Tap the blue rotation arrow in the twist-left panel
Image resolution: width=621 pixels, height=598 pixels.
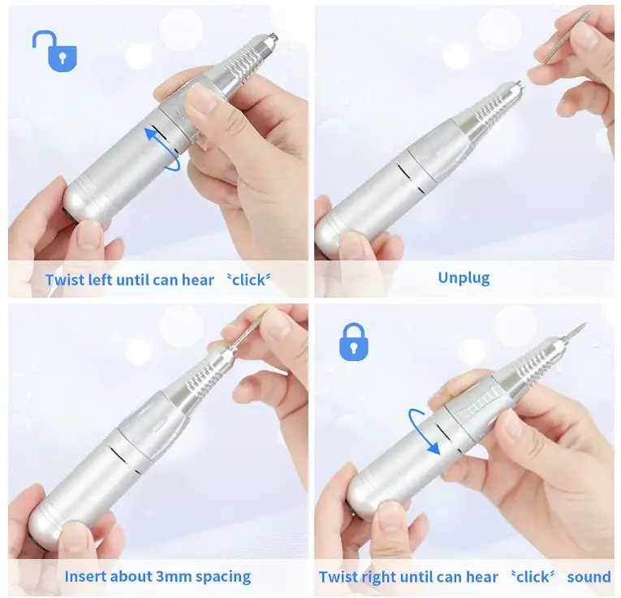coord(162,147)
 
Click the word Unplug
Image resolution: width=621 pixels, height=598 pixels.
coord(464,278)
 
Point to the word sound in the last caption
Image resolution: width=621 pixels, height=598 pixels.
coord(589,577)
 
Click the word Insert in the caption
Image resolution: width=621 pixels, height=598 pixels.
coord(87,577)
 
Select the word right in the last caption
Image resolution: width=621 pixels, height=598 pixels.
coord(380,577)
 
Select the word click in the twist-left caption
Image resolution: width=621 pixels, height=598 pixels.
coord(248,281)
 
